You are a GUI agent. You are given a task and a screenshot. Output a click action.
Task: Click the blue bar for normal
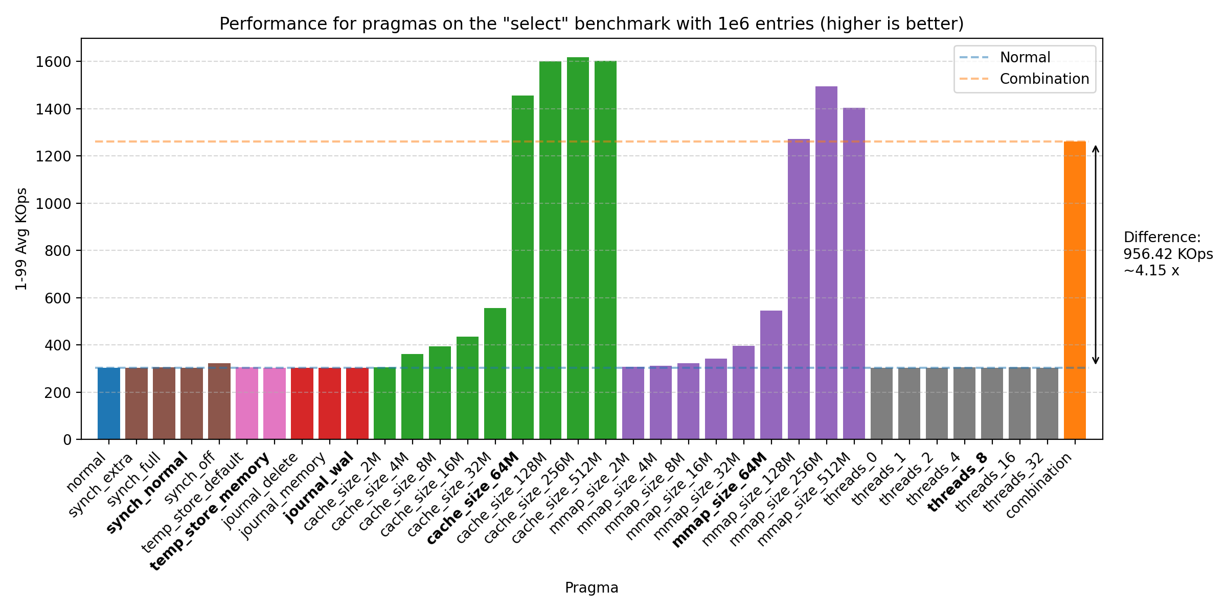[108, 404]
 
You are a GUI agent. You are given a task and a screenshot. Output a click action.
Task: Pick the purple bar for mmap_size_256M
[826, 263]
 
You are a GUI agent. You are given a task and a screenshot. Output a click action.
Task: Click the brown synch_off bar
[219, 401]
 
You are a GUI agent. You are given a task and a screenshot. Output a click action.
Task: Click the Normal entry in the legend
[1025, 57]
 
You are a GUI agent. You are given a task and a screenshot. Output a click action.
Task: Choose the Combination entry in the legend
[1044, 79]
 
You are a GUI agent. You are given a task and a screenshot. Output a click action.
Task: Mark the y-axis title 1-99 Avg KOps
[21, 239]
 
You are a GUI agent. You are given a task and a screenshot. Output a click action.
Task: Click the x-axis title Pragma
[592, 588]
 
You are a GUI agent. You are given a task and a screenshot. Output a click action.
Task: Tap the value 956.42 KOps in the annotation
[1168, 254]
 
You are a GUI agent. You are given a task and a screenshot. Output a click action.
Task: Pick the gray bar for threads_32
[1047, 404]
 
